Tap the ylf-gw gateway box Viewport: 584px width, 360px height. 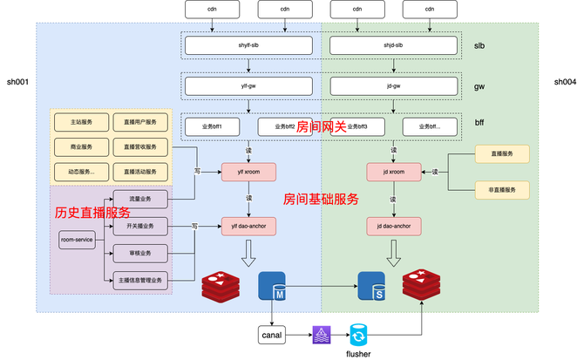pos(249,86)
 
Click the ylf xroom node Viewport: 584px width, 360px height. pos(248,172)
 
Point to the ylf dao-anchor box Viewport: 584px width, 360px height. pos(248,227)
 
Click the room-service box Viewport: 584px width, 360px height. pos(77,240)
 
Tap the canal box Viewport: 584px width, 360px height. pos(274,334)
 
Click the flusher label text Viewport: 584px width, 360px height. pos(359,353)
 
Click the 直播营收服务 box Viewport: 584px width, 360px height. pos(139,146)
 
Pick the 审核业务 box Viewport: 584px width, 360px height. pos(139,253)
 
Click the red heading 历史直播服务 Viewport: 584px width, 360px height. pos(92,212)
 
